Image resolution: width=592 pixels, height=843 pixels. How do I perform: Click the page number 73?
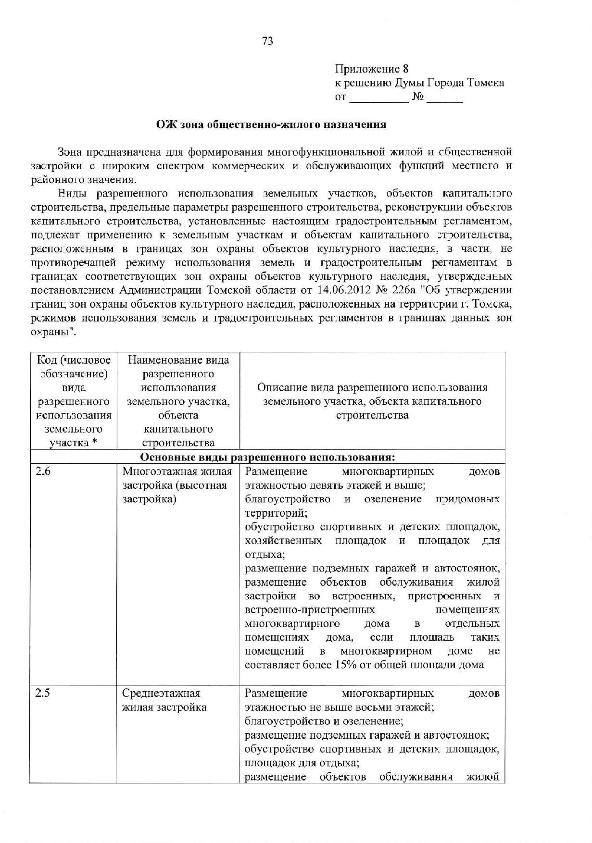click(268, 41)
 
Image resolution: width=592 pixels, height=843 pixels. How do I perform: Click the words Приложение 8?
click(371, 69)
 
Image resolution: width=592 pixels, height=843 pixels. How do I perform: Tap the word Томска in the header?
click(486, 83)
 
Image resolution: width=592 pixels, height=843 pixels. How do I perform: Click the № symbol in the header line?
click(418, 97)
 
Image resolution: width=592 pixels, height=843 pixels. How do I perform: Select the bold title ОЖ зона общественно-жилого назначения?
click(271, 124)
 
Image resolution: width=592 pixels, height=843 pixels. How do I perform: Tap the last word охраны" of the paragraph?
click(53, 332)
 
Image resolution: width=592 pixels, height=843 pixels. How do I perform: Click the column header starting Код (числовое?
click(74, 401)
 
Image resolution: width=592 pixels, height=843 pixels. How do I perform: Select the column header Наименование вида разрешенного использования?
click(178, 401)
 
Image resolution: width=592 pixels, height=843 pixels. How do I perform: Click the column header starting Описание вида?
click(372, 401)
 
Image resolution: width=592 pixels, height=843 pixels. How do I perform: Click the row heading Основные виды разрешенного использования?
click(267, 456)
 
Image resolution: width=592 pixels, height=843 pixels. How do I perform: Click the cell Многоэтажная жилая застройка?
click(177, 485)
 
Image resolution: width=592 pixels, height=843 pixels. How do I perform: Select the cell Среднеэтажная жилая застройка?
click(164, 700)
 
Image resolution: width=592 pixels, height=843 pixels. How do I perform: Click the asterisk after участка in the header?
click(95, 443)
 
